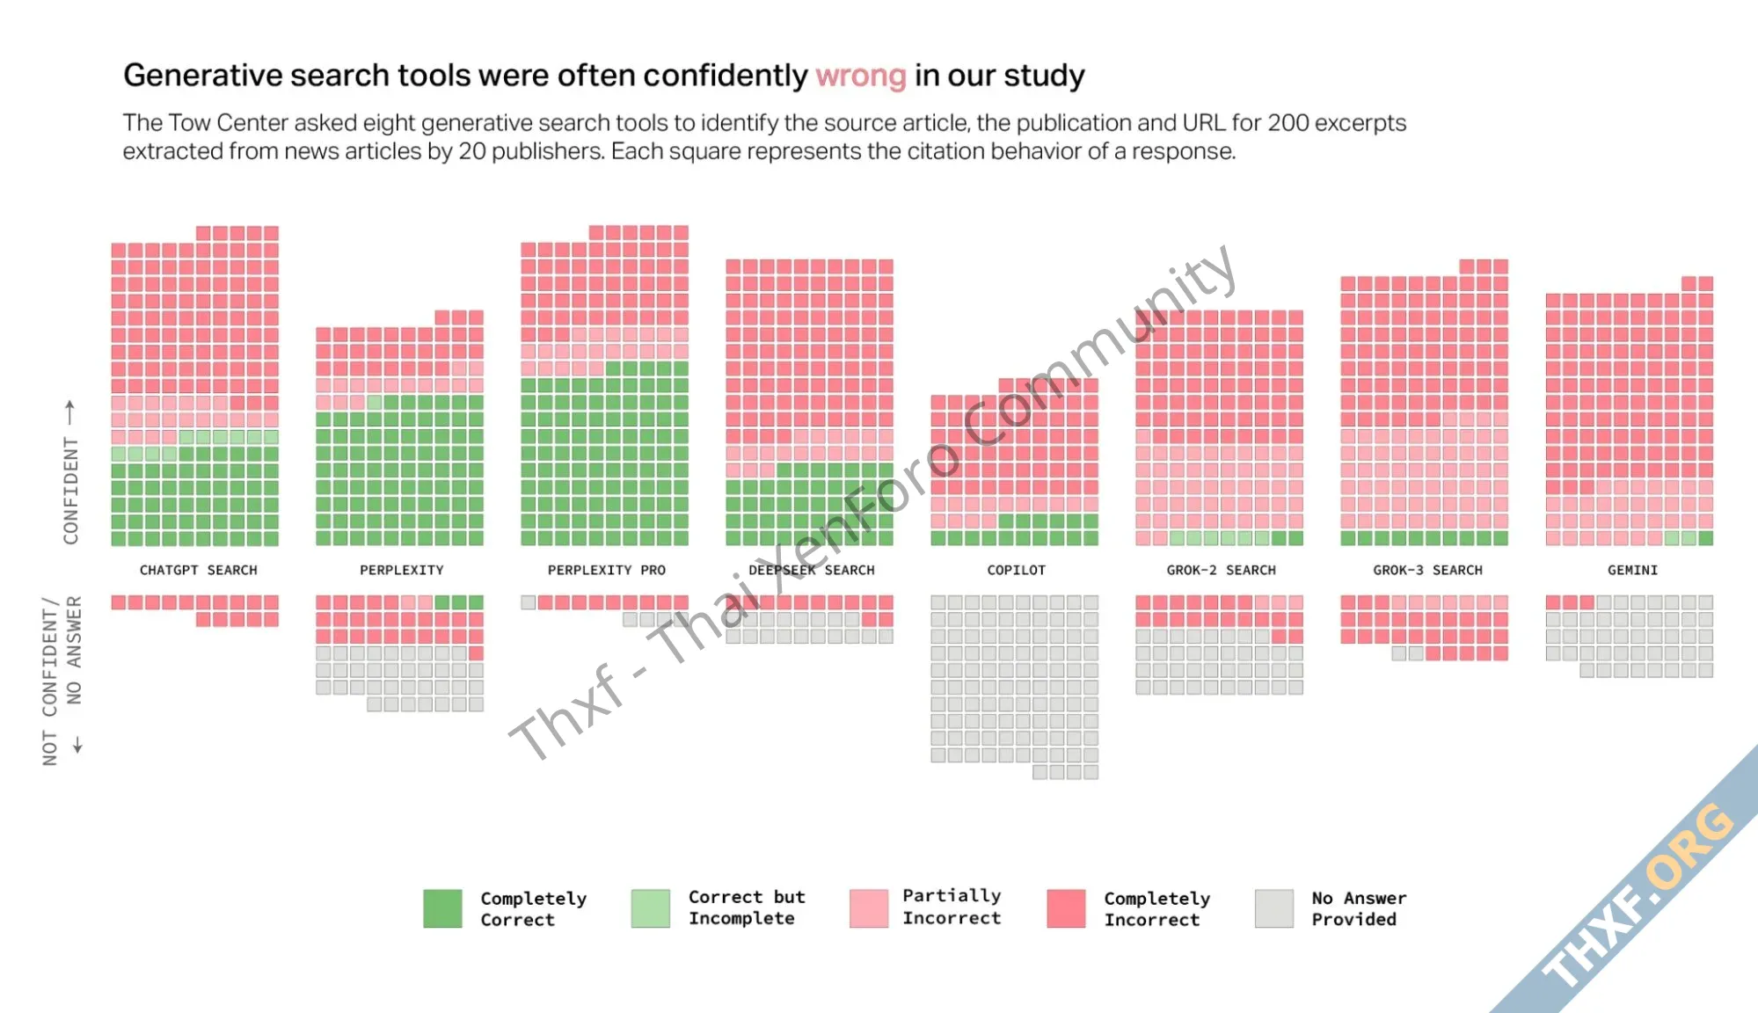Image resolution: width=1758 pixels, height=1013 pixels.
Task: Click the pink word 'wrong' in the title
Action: coord(860,77)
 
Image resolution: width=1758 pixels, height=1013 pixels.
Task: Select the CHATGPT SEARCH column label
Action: coord(198,571)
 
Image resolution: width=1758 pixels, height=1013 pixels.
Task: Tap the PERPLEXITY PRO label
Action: coord(606,571)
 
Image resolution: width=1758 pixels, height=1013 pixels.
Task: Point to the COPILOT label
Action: coord(1016,571)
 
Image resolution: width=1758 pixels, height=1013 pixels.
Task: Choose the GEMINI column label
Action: coord(1632,571)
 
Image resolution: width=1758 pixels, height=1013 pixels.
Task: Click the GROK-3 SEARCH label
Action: coord(1427,571)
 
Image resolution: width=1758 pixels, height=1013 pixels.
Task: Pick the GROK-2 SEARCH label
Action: coord(1221,571)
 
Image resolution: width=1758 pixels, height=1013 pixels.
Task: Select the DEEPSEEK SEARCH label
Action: coord(811,571)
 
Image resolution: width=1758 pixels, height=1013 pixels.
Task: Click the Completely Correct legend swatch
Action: coord(442,908)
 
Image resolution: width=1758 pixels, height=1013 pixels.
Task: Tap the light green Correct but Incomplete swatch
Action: coord(650,908)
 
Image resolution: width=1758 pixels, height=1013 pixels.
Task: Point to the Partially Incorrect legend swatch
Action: coord(868,908)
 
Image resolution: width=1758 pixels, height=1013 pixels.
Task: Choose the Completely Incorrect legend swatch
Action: coord(1066,908)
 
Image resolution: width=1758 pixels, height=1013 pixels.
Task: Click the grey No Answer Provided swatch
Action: coord(1273,908)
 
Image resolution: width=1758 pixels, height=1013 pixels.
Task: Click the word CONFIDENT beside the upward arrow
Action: coord(71,490)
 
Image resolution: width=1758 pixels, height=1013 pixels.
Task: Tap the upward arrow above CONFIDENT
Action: coord(70,411)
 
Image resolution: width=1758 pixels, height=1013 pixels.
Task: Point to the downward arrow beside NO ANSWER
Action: coord(77,745)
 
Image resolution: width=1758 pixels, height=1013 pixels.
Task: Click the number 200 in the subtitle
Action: coord(1287,123)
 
